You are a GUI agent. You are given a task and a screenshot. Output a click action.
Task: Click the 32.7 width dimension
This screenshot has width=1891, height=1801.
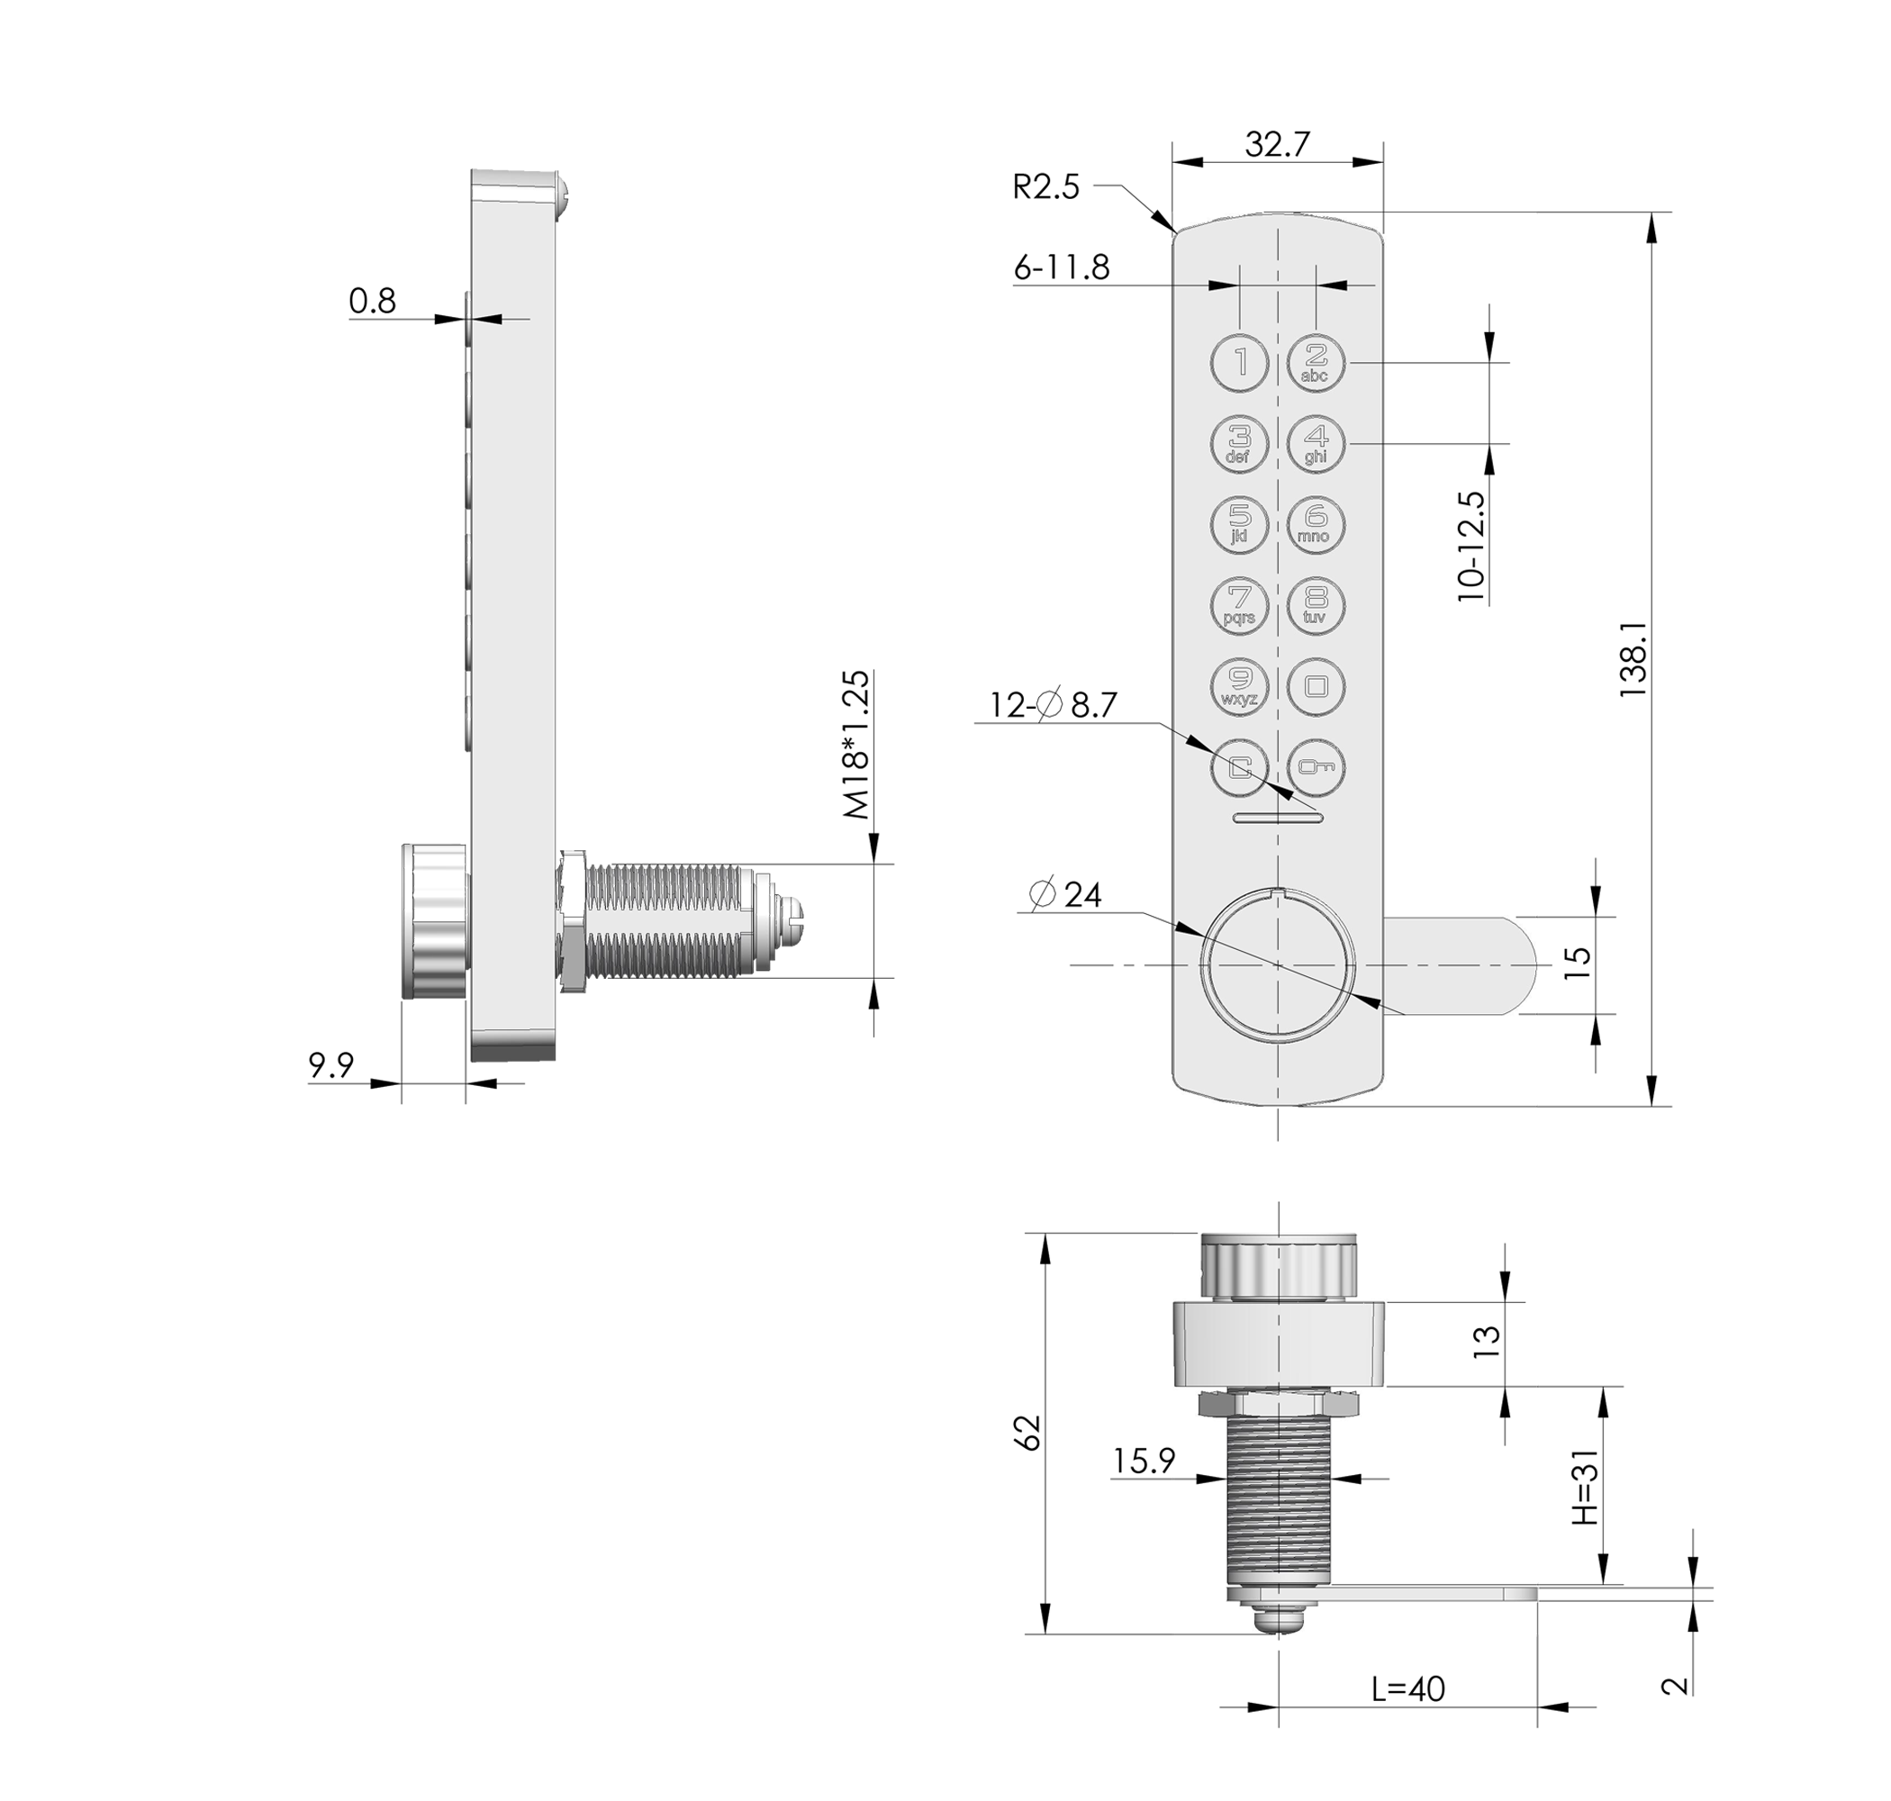1276,145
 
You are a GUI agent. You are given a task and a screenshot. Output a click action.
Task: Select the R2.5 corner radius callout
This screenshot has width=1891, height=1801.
1045,186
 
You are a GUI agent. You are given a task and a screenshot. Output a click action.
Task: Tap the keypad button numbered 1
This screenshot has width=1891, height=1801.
1239,363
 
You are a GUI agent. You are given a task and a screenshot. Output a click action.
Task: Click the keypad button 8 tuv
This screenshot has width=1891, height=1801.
1316,606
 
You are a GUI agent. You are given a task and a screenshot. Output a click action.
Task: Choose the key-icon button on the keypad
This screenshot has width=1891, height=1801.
1316,768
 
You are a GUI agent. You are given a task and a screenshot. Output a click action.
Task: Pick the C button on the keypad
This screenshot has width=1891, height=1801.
1239,768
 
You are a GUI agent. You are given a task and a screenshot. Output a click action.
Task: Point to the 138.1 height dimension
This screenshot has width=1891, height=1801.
1633,658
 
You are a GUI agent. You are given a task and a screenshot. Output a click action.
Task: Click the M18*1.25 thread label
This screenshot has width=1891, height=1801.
856,745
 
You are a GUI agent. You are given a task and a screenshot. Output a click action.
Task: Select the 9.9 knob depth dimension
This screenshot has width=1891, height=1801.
330,1064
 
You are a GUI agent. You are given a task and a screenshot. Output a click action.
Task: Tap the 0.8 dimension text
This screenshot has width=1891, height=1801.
372,302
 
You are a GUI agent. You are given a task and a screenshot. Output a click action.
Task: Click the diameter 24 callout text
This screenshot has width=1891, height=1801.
1064,895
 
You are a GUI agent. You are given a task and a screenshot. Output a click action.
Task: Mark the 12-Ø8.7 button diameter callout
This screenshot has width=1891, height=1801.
1053,706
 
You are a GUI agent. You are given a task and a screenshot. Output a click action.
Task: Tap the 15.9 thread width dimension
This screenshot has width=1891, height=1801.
1144,1461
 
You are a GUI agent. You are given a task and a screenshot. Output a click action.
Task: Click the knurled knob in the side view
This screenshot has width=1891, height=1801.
434,920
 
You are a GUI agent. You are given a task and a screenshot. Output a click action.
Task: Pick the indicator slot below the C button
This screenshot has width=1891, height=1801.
1278,818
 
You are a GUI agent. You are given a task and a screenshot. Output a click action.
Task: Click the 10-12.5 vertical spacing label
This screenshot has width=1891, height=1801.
1470,547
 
